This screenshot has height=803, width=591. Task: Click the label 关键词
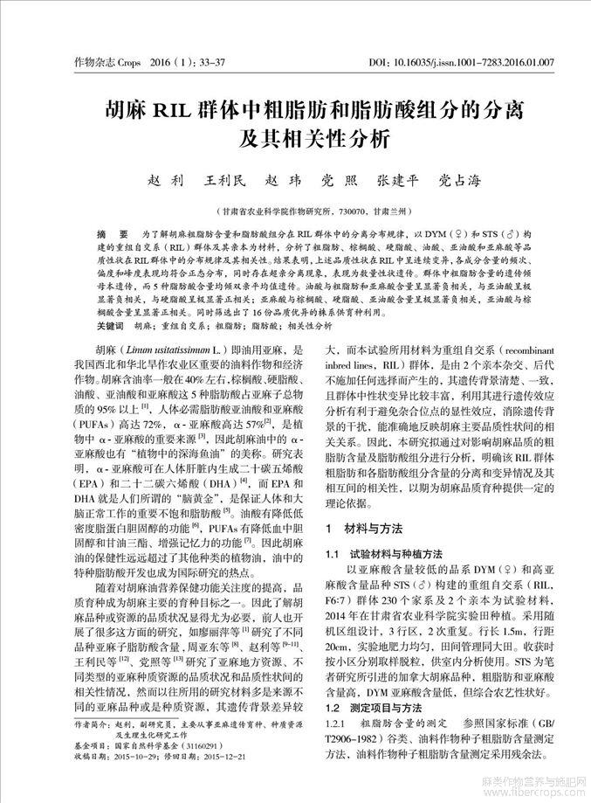(109, 325)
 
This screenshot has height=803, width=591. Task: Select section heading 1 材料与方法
(361, 530)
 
